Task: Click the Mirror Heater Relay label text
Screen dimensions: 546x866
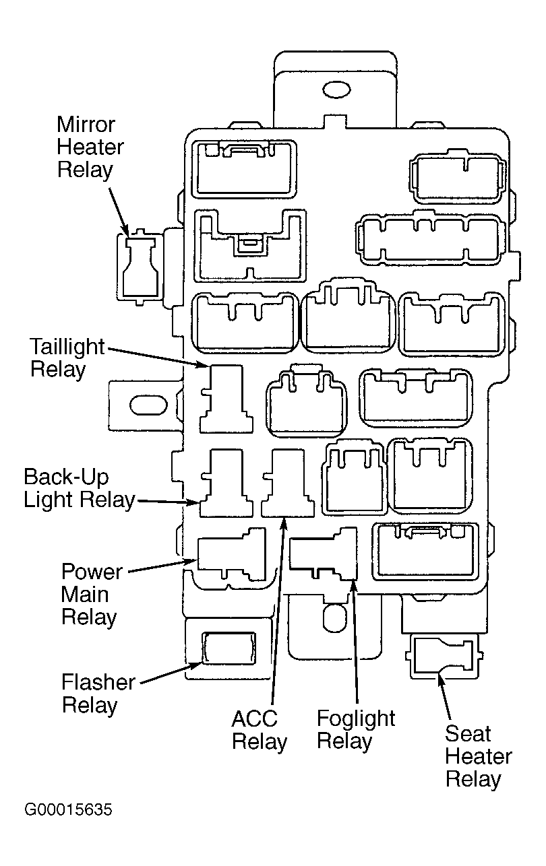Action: point(90,147)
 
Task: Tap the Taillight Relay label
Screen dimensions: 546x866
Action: point(67,358)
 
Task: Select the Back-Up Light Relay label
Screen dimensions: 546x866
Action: point(79,489)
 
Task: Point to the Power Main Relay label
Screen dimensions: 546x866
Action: point(92,594)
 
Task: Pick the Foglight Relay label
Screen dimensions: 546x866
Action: point(356,729)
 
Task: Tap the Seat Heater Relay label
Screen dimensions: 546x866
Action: point(479,756)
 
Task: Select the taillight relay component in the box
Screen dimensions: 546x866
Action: point(226,399)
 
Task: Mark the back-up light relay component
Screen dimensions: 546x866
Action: point(226,483)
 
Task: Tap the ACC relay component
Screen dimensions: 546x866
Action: point(288,483)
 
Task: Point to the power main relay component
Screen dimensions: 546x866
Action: point(231,555)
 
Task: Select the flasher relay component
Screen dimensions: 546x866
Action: point(229,648)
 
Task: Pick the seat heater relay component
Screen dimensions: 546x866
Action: point(444,655)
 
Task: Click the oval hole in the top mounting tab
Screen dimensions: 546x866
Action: point(336,90)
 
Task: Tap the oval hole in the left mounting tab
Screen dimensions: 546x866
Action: point(148,405)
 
